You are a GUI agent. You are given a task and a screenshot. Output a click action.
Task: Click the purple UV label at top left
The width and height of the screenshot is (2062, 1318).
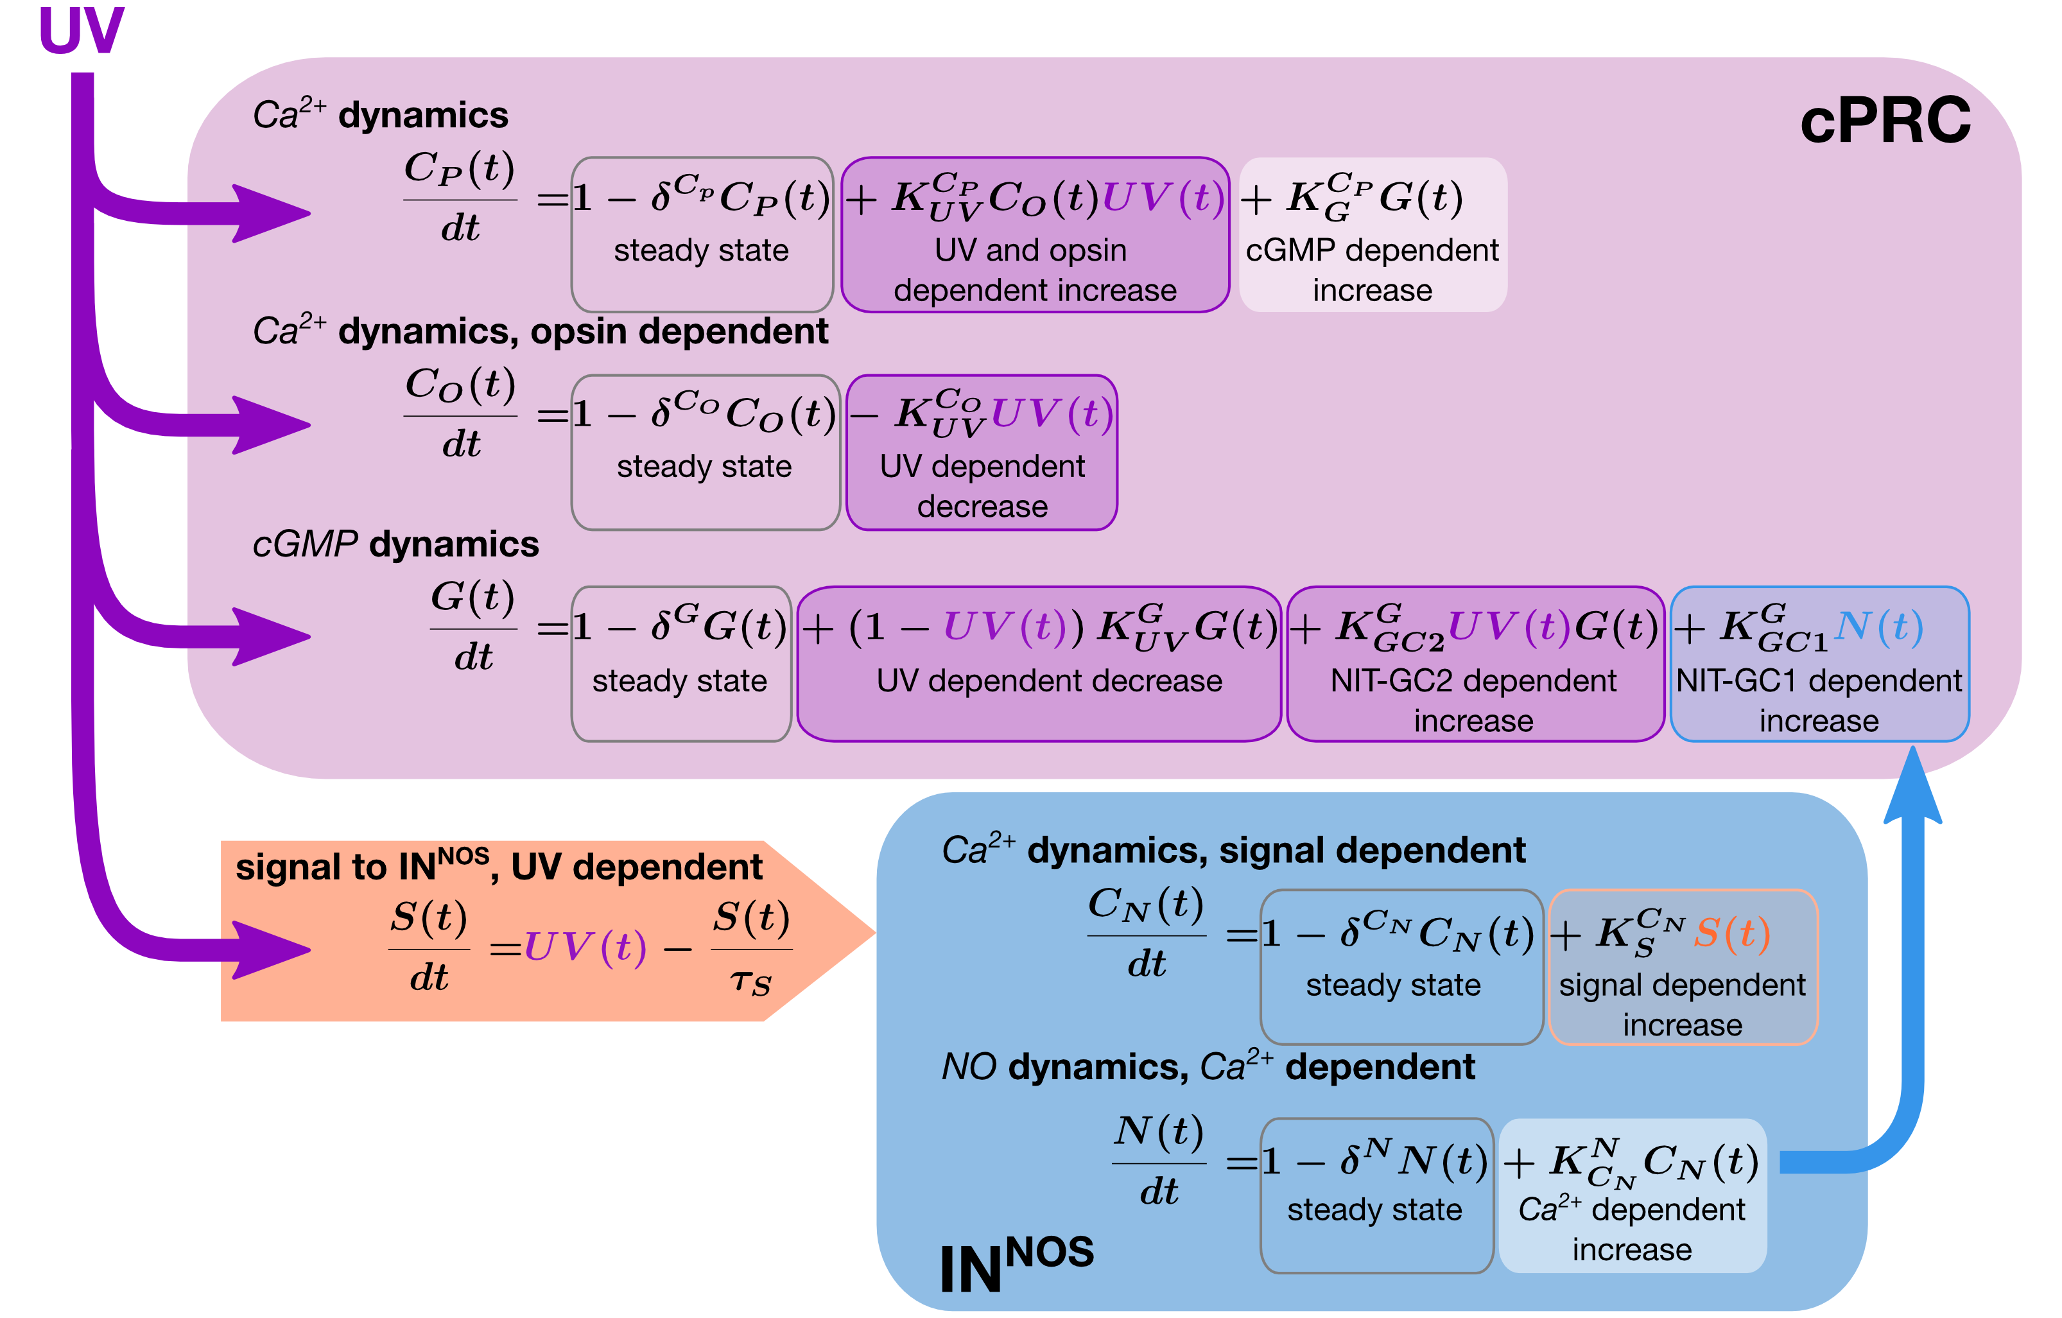pyautogui.click(x=82, y=31)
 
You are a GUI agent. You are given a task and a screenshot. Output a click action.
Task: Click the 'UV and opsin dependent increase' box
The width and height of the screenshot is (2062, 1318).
pyautogui.click(x=1034, y=235)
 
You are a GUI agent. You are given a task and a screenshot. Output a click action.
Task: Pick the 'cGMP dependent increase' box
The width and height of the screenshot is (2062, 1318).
pyautogui.click(x=1372, y=235)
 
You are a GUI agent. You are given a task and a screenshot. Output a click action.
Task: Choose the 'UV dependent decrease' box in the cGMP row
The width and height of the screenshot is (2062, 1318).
pyautogui.click(x=1038, y=664)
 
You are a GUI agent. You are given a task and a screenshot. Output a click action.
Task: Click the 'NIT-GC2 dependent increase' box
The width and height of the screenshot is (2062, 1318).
pyautogui.click(x=1474, y=664)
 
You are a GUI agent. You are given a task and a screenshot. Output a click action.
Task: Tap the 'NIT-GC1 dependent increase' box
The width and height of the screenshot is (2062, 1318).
pyautogui.click(x=1819, y=664)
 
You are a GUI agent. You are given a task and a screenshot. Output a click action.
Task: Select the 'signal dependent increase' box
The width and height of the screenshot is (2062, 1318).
pyautogui.click(x=1682, y=967)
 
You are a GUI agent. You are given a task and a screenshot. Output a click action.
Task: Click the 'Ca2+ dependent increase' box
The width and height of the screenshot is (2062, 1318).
pyautogui.click(x=1631, y=1195)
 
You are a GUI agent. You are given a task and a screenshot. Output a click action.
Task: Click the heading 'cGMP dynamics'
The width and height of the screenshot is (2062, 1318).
pyautogui.click(x=395, y=544)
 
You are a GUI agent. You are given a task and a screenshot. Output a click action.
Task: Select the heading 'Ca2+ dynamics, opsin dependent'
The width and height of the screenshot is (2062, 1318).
pyautogui.click(x=541, y=331)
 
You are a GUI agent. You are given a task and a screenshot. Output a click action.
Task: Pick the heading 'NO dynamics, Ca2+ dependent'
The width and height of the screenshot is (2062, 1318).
pyautogui.click(x=1208, y=1066)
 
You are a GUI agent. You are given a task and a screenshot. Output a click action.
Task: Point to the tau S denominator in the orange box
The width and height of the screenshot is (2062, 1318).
pyautogui.click(x=751, y=982)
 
